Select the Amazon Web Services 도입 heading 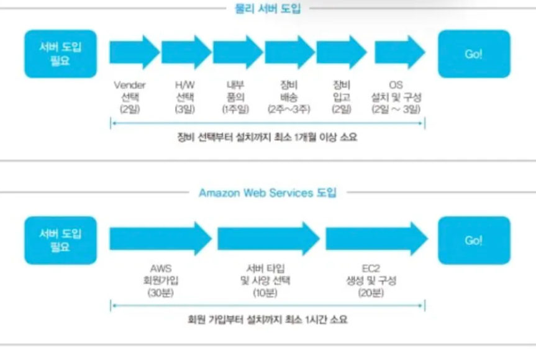pyautogui.click(x=268, y=192)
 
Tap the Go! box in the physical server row pyautogui.click(x=473, y=54)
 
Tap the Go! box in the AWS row pyautogui.click(x=473, y=240)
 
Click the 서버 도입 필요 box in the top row pyautogui.click(x=61, y=54)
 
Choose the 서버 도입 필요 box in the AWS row pyautogui.click(x=61, y=240)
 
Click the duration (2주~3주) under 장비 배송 pyautogui.click(x=289, y=109)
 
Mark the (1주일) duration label pyautogui.click(x=235, y=109)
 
